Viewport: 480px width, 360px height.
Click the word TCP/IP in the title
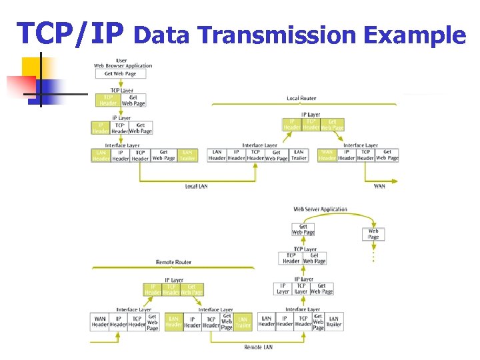[71, 33]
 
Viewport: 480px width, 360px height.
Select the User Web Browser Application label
[123, 63]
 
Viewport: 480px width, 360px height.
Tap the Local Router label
[301, 99]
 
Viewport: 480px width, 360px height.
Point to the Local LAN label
[196, 186]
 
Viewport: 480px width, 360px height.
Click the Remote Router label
[173, 262]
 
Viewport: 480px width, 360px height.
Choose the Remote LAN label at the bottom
[258, 347]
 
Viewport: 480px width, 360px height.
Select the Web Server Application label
[321, 209]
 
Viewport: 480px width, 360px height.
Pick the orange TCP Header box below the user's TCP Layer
[108, 100]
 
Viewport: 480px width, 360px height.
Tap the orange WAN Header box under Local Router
[327, 155]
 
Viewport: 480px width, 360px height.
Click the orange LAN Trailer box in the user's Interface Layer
[187, 155]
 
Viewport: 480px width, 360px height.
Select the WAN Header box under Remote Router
[100, 321]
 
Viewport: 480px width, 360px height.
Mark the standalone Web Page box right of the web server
[373, 234]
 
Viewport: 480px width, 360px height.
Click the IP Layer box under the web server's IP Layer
[283, 289]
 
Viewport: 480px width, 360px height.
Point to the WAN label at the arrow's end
[379, 186]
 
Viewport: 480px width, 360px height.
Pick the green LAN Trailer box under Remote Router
[243, 321]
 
